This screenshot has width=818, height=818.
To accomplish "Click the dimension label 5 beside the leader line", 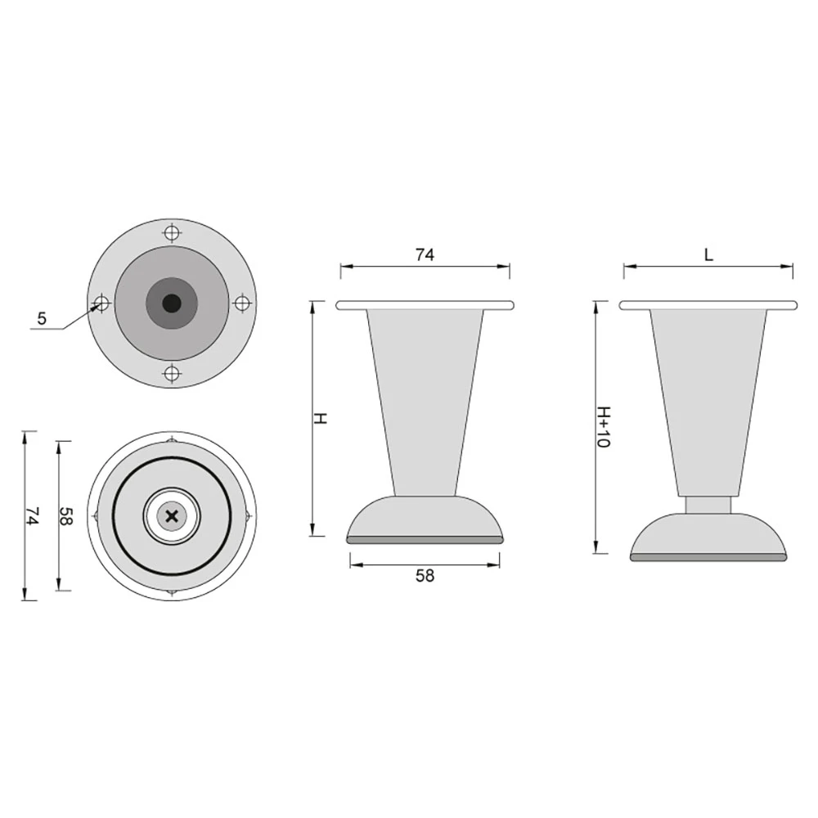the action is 42,318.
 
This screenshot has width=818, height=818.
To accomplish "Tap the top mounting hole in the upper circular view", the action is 172,232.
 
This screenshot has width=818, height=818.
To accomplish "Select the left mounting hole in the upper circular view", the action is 101,303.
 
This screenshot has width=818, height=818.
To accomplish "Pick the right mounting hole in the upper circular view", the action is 242,303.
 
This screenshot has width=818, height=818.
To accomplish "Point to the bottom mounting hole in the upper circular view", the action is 172,374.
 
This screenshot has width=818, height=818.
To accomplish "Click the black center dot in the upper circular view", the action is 172,303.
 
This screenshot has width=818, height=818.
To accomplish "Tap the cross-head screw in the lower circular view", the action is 172,516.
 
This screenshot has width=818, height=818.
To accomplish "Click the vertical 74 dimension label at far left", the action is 33,516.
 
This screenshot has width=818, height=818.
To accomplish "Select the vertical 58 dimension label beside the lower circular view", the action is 66,516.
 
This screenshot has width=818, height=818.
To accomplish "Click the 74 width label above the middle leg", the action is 425,254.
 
